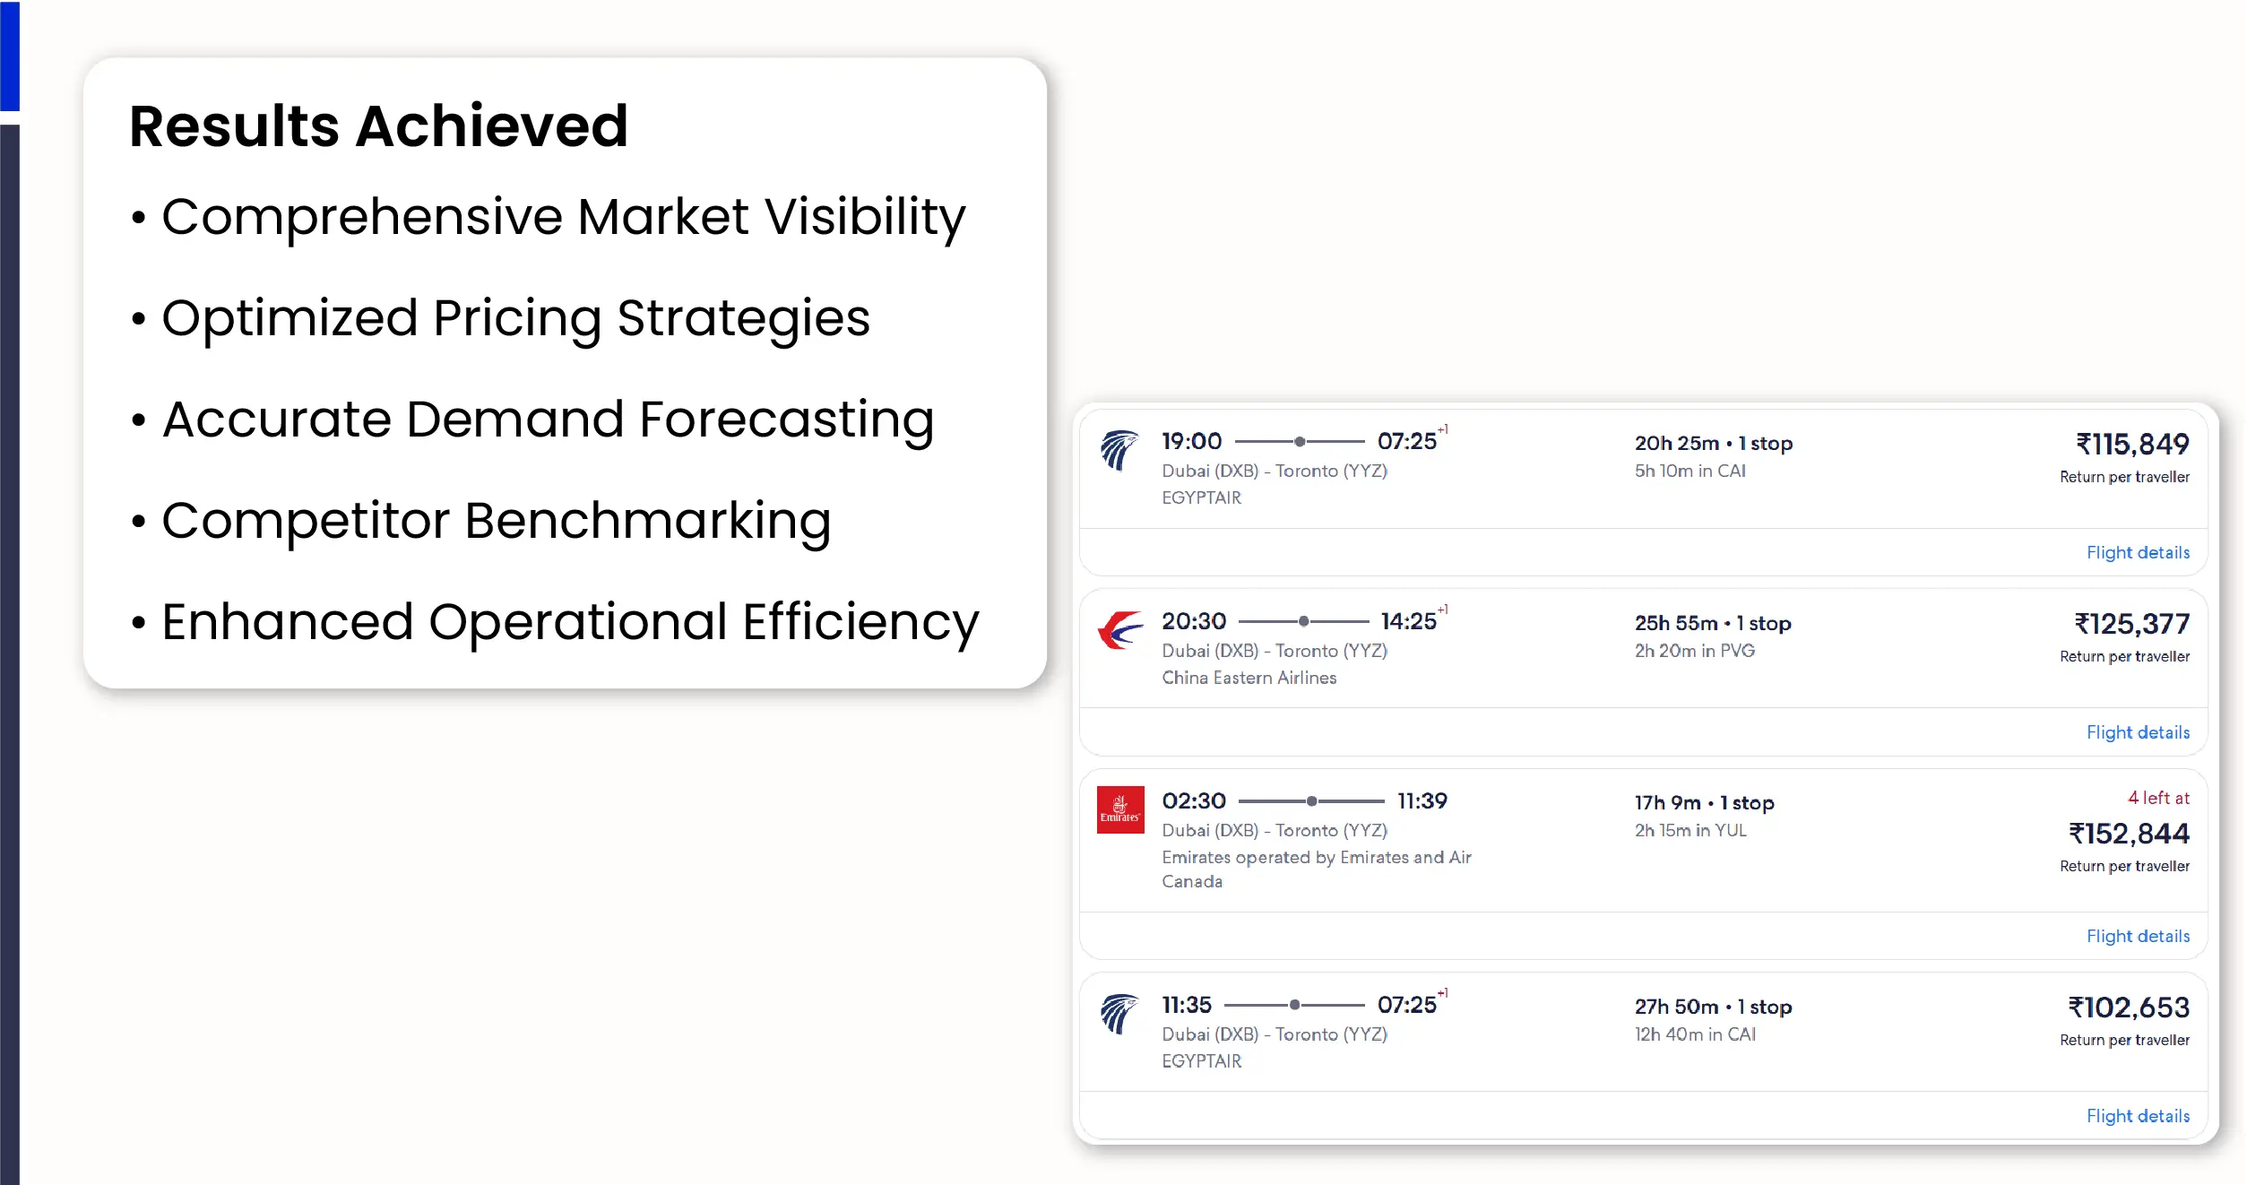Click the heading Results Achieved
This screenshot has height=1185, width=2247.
point(378,125)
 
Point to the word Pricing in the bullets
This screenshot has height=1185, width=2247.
point(517,319)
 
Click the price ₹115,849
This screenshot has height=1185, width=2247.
point(2132,444)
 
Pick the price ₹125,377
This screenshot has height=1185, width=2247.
point(2131,623)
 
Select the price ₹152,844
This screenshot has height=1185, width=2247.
point(2129,834)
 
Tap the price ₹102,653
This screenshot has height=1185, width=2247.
point(2129,1008)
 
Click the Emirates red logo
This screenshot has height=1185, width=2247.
point(1120,809)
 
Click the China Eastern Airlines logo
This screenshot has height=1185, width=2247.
point(1120,630)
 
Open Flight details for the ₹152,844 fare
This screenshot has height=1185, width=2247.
point(2138,936)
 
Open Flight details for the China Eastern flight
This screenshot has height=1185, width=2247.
point(2138,732)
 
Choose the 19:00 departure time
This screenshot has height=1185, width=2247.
point(1191,441)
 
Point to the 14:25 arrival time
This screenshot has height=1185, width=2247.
point(1408,621)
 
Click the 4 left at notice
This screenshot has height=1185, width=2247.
point(2158,798)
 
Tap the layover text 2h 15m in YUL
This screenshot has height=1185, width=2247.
point(1690,830)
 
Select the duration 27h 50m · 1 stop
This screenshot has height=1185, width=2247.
point(1713,1007)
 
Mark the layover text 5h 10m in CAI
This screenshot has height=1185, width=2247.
point(1690,471)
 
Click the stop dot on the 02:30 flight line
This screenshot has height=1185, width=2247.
point(1311,800)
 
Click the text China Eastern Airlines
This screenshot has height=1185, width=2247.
point(1249,678)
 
